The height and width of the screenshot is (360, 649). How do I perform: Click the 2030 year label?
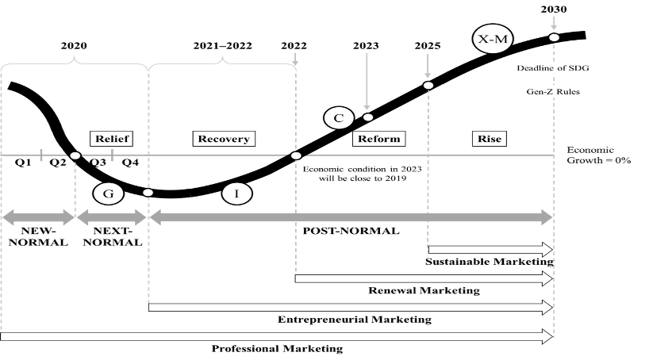553,10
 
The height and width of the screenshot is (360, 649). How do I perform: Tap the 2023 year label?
367,45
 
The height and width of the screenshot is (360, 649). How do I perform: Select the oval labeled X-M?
493,40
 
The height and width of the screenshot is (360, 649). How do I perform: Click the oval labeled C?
339,118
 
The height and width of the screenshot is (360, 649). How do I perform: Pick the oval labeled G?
108,193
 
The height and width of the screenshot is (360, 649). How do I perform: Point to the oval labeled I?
236,193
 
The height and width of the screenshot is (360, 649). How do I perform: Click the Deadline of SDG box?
553,68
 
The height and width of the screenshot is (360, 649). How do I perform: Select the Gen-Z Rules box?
553,91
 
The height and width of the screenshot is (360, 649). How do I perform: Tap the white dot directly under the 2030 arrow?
554,37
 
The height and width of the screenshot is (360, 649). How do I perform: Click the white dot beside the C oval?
367,117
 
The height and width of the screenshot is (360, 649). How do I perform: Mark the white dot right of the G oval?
148,193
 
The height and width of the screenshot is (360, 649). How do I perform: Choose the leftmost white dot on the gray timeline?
75,155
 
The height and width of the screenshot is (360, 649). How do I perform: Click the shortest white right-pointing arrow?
490,250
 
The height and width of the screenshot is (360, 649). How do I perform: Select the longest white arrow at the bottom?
276,336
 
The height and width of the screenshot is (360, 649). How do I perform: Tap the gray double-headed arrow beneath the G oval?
111,217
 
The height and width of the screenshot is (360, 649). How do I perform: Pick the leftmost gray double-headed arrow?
37,217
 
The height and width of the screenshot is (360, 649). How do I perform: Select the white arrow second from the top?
423,278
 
